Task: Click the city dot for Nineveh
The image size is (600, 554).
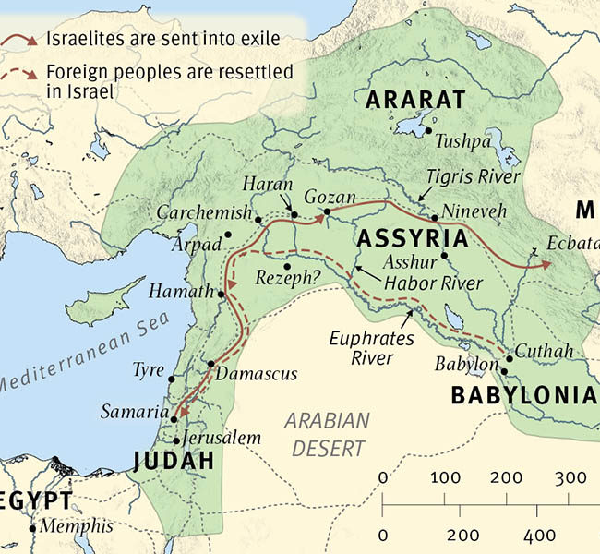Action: pyautogui.click(x=434, y=218)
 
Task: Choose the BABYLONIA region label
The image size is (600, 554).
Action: pyautogui.click(x=523, y=396)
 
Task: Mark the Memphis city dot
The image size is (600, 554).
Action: pyautogui.click(x=33, y=528)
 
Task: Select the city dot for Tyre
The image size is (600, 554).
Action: pyautogui.click(x=172, y=378)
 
